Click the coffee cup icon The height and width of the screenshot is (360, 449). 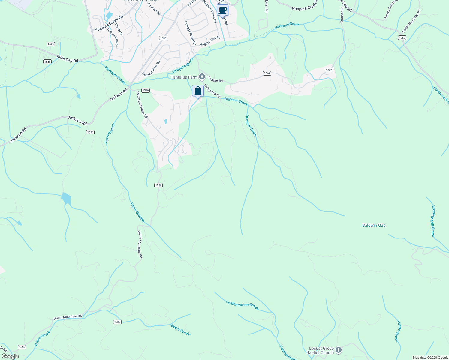[222, 10]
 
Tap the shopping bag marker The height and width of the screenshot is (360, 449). [198, 91]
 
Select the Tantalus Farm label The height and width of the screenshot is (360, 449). [184, 77]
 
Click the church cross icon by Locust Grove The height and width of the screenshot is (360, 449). [338, 350]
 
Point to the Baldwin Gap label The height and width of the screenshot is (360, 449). [374, 225]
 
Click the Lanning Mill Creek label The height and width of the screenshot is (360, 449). [433, 221]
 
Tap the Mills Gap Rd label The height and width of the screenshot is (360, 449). [68, 58]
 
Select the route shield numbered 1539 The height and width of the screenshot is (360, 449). [163, 38]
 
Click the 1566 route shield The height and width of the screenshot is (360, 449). [146, 90]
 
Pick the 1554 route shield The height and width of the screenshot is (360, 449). [90, 132]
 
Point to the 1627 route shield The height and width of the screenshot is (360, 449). [117, 322]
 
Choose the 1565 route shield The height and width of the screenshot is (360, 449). [402, 37]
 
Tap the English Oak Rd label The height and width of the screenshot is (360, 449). [210, 41]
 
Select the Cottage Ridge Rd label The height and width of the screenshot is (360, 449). [190, 33]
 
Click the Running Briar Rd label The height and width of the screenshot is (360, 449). [151, 69]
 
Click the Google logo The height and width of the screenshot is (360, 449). [10, 356]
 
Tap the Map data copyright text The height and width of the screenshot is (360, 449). [430, 358]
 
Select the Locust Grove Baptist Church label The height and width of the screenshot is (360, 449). [321, 350]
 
